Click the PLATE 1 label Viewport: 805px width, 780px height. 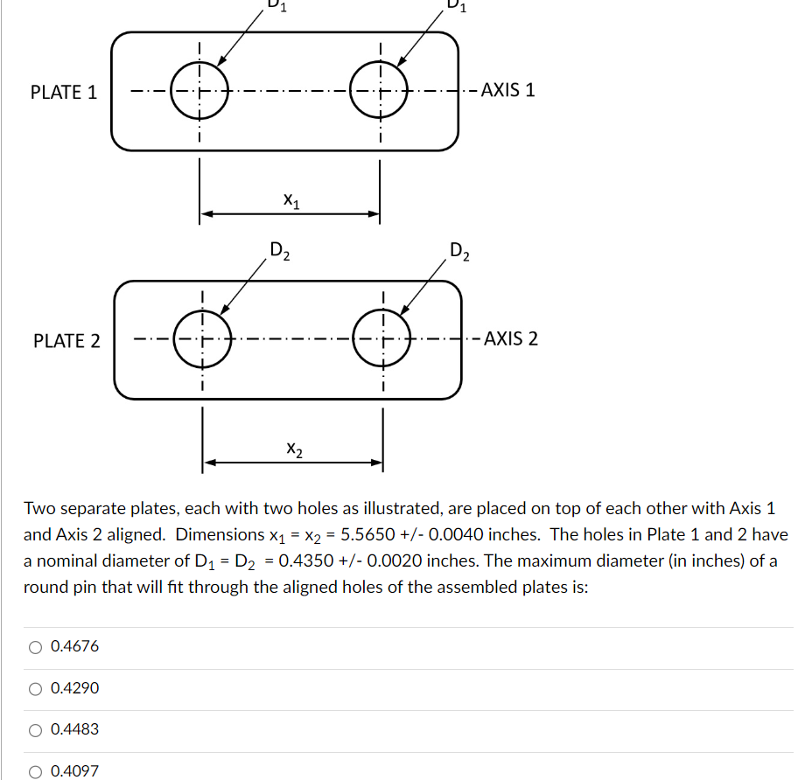(x=64, y=92)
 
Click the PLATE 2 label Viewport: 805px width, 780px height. (x=66, y=341)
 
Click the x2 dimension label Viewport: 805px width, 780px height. (x=295, y=449)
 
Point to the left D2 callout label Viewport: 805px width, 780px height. (x=280, y=253)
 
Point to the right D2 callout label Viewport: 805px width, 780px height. (x=459, y=253)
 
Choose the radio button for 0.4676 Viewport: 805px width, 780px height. (x=35, y=647)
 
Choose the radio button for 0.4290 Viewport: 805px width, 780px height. (x=35, y=689)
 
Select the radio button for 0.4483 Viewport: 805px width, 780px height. (x=35, y=730)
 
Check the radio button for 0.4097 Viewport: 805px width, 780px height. (x=35, y=771)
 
